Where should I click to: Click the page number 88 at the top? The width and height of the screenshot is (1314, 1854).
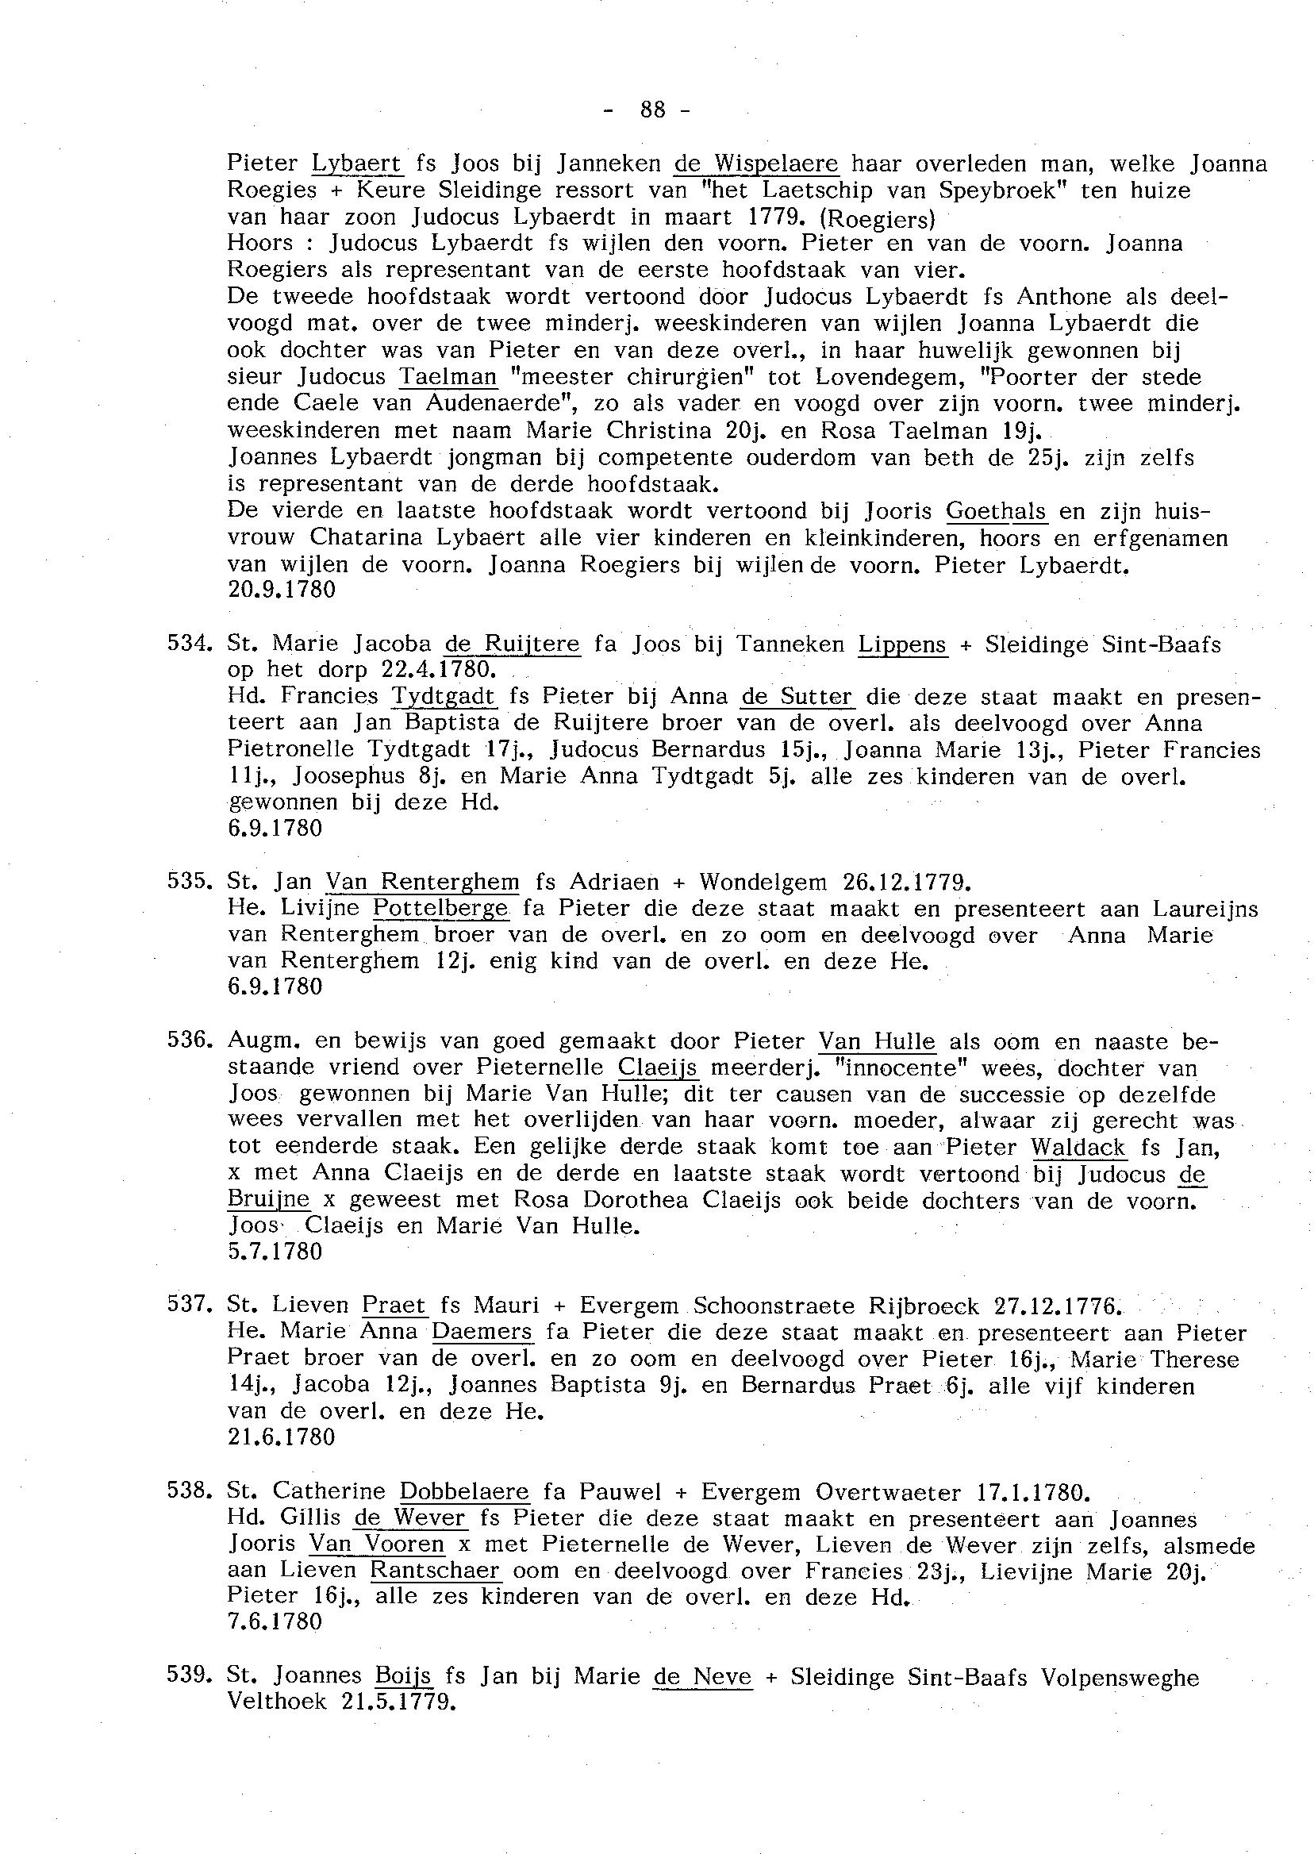pos(652,109)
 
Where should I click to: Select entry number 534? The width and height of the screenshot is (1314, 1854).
pos(189,644)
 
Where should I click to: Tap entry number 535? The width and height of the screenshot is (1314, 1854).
pos(189,880)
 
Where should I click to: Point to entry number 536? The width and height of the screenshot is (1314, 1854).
pos(189,1040)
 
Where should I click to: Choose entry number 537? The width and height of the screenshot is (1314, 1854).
pos(189,1305)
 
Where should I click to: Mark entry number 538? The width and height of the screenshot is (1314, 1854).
pos(189,1491)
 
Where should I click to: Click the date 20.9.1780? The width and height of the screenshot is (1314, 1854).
pos(282,590)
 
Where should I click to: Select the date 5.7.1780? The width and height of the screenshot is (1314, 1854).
pos(275,1252)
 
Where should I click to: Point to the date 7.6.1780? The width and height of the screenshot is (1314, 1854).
pos(275,1621)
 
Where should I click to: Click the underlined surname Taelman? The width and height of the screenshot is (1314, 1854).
pos(448,377)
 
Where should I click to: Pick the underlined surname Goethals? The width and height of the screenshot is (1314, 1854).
pos(996,511)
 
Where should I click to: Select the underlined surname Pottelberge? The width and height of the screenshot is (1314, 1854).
pos(442,908)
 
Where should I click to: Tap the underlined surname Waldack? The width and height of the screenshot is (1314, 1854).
pos(1078,1147)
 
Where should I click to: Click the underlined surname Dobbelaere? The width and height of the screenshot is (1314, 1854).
pos(464,1491)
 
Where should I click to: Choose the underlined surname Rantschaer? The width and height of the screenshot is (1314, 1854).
pos(436,1571)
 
